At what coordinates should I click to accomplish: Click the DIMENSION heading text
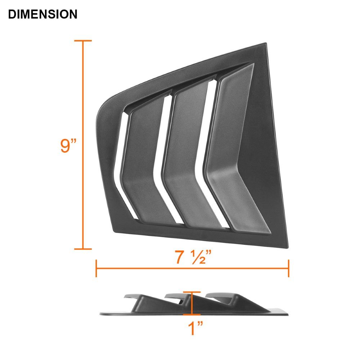pyautogui.click(x=42, y=14)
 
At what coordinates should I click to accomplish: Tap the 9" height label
pyautogui.click(x=69, y=145)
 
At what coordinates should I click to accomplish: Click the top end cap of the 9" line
pyautogui.click(x=83, y=41)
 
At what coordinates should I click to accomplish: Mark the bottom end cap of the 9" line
pyautogui.click(x=83, y=248)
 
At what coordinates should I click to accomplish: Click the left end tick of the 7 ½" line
pyautogui.click(x=96, y=269)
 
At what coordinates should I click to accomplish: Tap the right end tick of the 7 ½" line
pyautogui.click(x=289, y=269)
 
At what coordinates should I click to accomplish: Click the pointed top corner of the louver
pyautogui.click(x=266, y=44)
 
